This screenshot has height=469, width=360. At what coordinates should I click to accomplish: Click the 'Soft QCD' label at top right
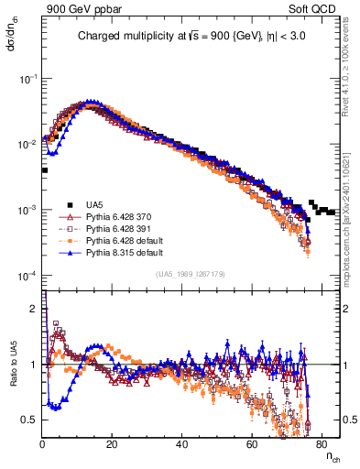[x=312, y=10]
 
